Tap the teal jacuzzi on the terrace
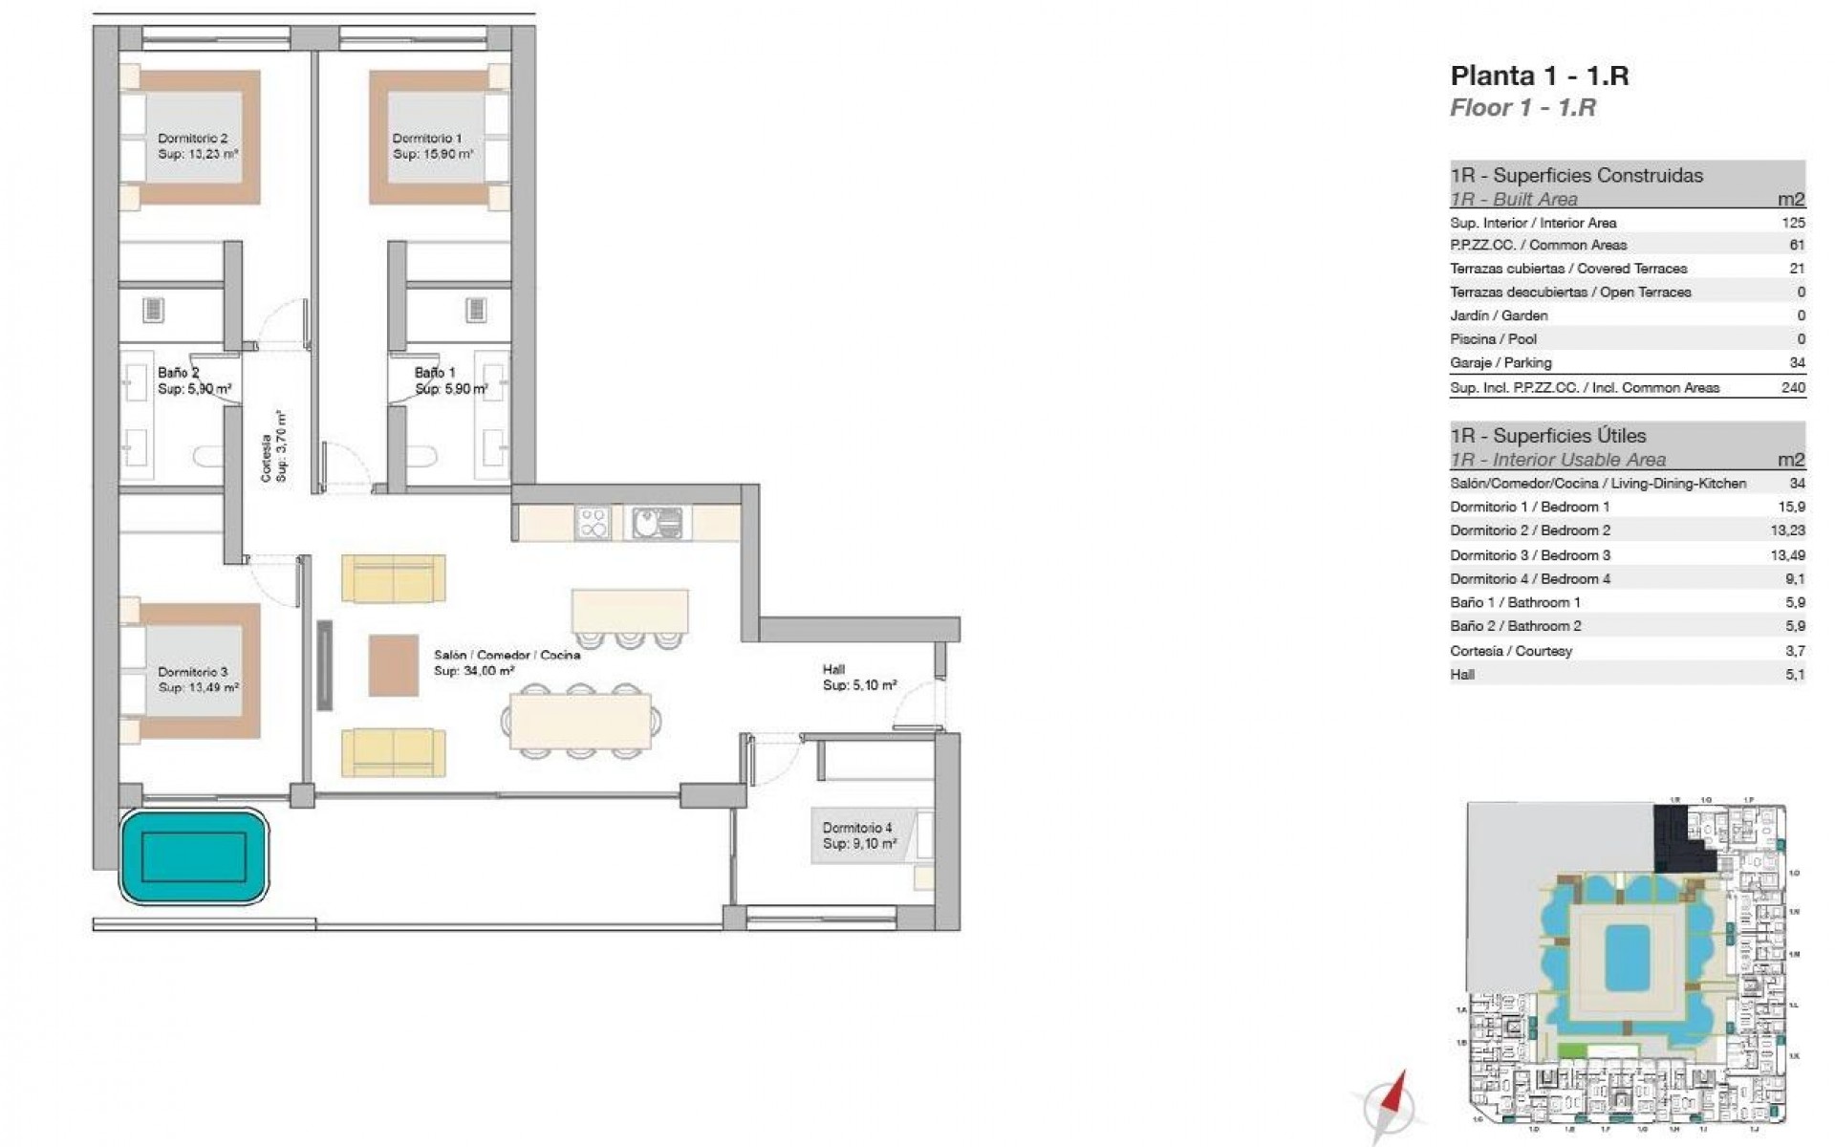[x=194, y=856]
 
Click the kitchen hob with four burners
[x=594, y=523]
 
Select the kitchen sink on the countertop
[x=657, y=523]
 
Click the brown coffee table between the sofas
[x=393, y=664]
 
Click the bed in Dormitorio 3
[x=196, y=669]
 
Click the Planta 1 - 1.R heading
[x=1539, y=76]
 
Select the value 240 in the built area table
[x=1793, y=387]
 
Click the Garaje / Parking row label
[x=1500, y=362]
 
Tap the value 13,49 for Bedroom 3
[x=1787, y=554]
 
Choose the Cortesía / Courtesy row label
[x=1510, y=650]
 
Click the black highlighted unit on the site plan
[x=1677, y=836]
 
